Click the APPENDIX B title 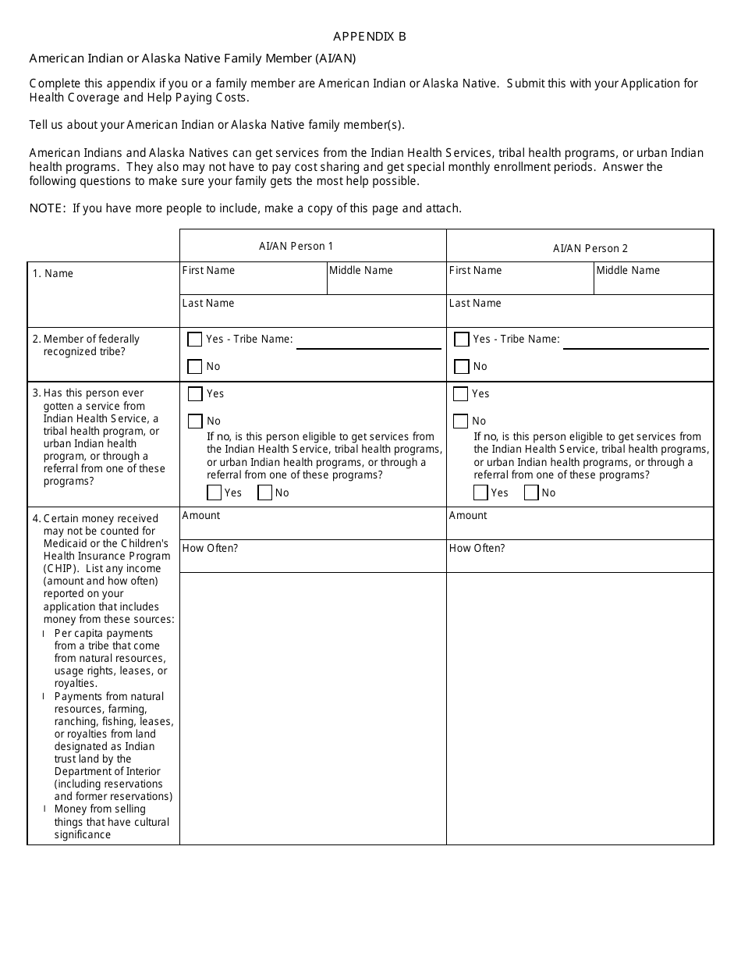[x=370, y=37]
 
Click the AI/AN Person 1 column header [x=296, y=246]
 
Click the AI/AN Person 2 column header [x=590, y=248]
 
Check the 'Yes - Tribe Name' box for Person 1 [x=195, y=340]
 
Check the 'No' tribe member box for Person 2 [x=462, y=367]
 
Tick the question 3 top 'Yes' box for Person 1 [x=195, y=394]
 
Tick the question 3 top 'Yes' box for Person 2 [x=461, y=394]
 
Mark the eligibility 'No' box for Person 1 [x=265, y=492]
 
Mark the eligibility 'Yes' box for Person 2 [x=481, y=492]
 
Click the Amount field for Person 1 [x=313, y=524]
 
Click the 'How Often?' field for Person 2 [x=580, y=556]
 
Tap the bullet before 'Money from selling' [x=44, y=809]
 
